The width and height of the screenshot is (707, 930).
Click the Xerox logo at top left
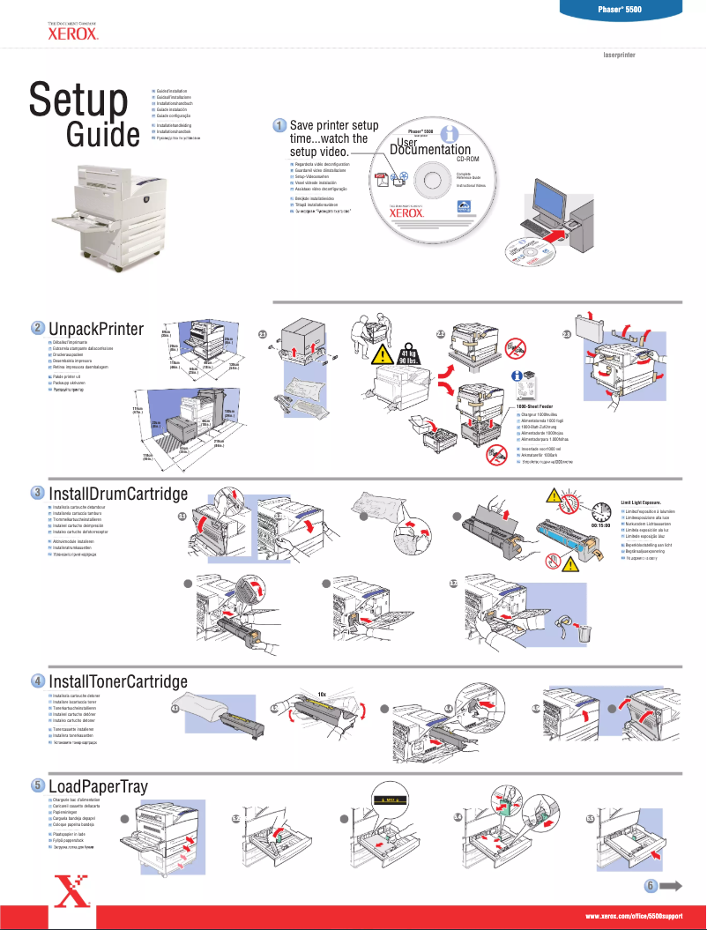tap(66, 34)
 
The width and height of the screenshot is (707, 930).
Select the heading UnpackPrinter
tap(96, 329)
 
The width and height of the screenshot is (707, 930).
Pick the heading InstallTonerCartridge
tap(118, 681)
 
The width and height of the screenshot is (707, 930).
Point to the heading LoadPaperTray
tap(98, 785)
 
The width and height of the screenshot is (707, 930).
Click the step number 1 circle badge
tap(278, 126)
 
